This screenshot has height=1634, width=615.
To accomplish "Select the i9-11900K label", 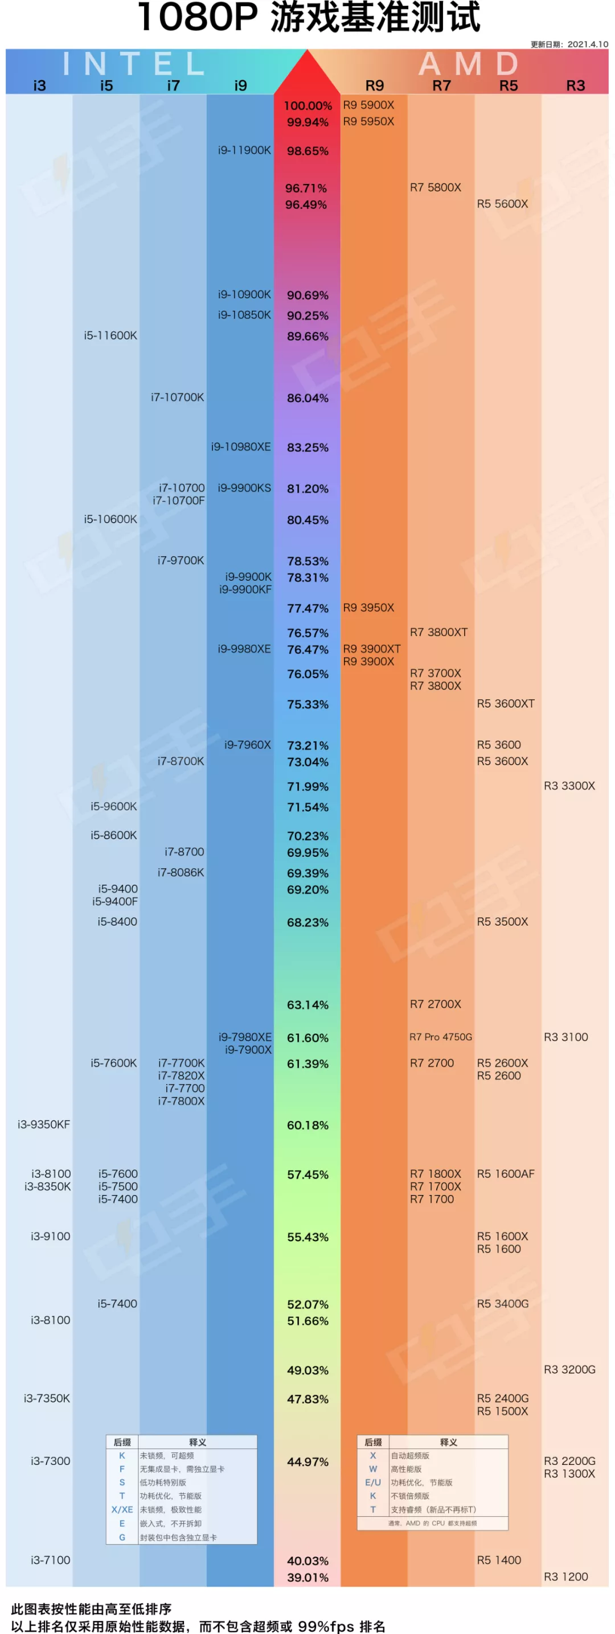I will click(x=244, y=150).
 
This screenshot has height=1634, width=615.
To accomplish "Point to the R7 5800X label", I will click(x=436, y=187).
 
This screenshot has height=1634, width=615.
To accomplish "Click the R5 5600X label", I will click(x=502, y=204).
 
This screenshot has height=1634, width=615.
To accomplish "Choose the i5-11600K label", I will click(x=110, y=335).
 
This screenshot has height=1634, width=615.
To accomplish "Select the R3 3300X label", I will click(x=569, y=786).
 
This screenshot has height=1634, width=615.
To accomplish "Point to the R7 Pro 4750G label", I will click(x=440, y=1037).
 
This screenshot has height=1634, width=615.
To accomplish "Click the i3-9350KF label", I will click(x=44, y=1124).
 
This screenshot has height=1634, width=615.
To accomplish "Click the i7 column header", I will click(x=173, y=85).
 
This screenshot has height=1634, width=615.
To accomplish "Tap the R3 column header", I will click(x=575, y=85).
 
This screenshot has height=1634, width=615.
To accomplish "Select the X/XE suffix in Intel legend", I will click(x=122, y=1510).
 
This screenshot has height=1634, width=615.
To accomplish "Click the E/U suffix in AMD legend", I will click(x=372, y=1483).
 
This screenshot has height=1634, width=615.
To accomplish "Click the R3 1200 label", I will click(x=565, y=1577).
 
